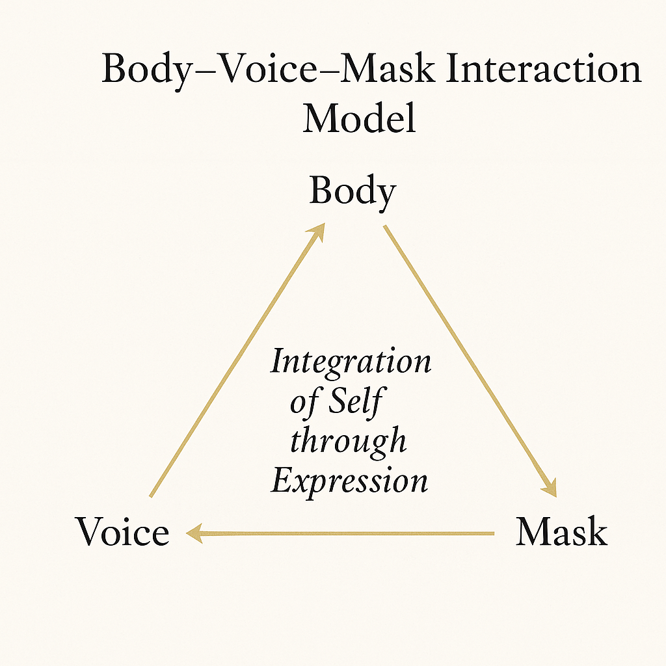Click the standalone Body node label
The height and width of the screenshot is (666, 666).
[x=352, y=193]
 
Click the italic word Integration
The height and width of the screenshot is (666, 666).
[x=351, y=362]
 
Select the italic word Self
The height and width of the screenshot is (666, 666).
[x=354, y=402]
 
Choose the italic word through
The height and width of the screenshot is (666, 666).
[x=348, y=442]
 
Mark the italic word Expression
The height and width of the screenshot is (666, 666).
[x=349, y=482]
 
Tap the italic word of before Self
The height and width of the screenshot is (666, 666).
[x=304, y=402]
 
